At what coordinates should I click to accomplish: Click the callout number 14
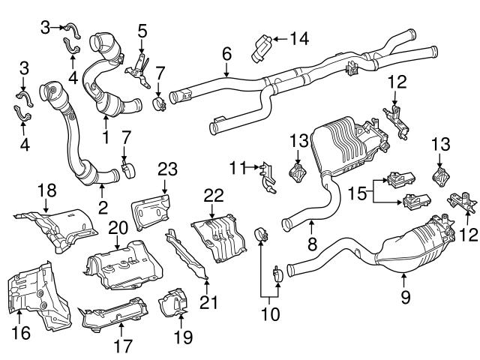click(x=300, y=37)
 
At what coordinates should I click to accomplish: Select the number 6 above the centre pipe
click(x=226, y=52)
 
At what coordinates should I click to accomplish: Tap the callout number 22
click(x=214, y=194)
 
